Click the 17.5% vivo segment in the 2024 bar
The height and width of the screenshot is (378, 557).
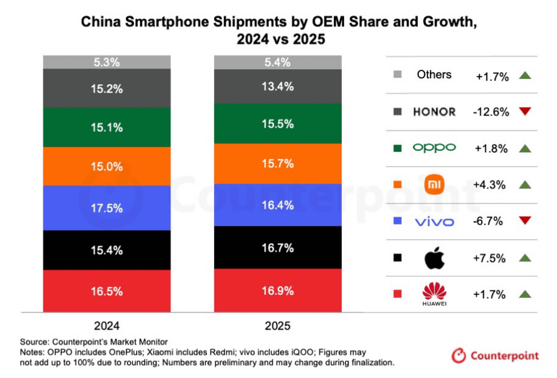coord(108,208)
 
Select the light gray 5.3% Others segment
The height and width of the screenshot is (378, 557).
coord(108,62)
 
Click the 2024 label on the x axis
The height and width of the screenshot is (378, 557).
coord(108,326)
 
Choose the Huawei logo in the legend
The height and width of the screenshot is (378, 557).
coord(434,294)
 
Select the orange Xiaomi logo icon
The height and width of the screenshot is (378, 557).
coord(434,184)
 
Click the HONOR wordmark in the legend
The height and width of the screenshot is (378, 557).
coord(434,111)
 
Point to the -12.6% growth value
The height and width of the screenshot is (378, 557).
coord(492,111)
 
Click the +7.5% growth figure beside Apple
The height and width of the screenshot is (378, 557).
coord(492,258)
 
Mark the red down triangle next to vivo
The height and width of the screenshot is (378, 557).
coord(524,221)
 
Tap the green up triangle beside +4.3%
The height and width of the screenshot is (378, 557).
coord(524,184)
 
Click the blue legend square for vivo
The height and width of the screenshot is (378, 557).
coord(397,222)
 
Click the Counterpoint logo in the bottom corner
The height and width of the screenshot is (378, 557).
coord(495,356)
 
